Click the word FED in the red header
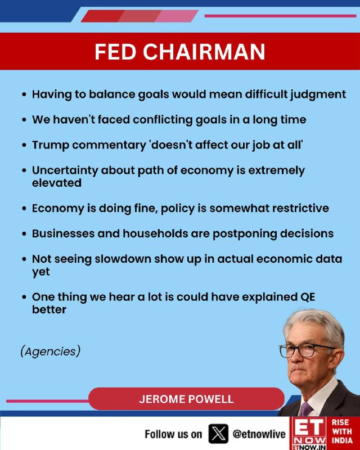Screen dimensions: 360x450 [x=115, y=52]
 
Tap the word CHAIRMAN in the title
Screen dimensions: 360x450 [x=204, y=52]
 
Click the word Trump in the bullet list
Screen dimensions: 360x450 [x=51, y=145]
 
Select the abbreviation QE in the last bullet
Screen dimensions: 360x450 [x=308, y=297]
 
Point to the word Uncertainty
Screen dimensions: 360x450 [x=65, y=170]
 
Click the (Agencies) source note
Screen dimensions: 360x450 [x=51, y=351]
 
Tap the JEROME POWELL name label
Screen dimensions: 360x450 [x=186, y=399]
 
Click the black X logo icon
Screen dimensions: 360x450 [x=218, y=434]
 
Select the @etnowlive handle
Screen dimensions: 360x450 [x=259, y=434]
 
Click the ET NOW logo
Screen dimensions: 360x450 [x=309, y=433]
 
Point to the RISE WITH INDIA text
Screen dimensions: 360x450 [x=343, y=431]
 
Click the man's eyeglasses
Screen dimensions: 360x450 [x=307, y=350]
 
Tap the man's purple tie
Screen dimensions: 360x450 [x=306, y=409]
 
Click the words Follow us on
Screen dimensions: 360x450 [x=173, y=434]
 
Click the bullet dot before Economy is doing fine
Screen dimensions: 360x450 [x=24, y=209]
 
